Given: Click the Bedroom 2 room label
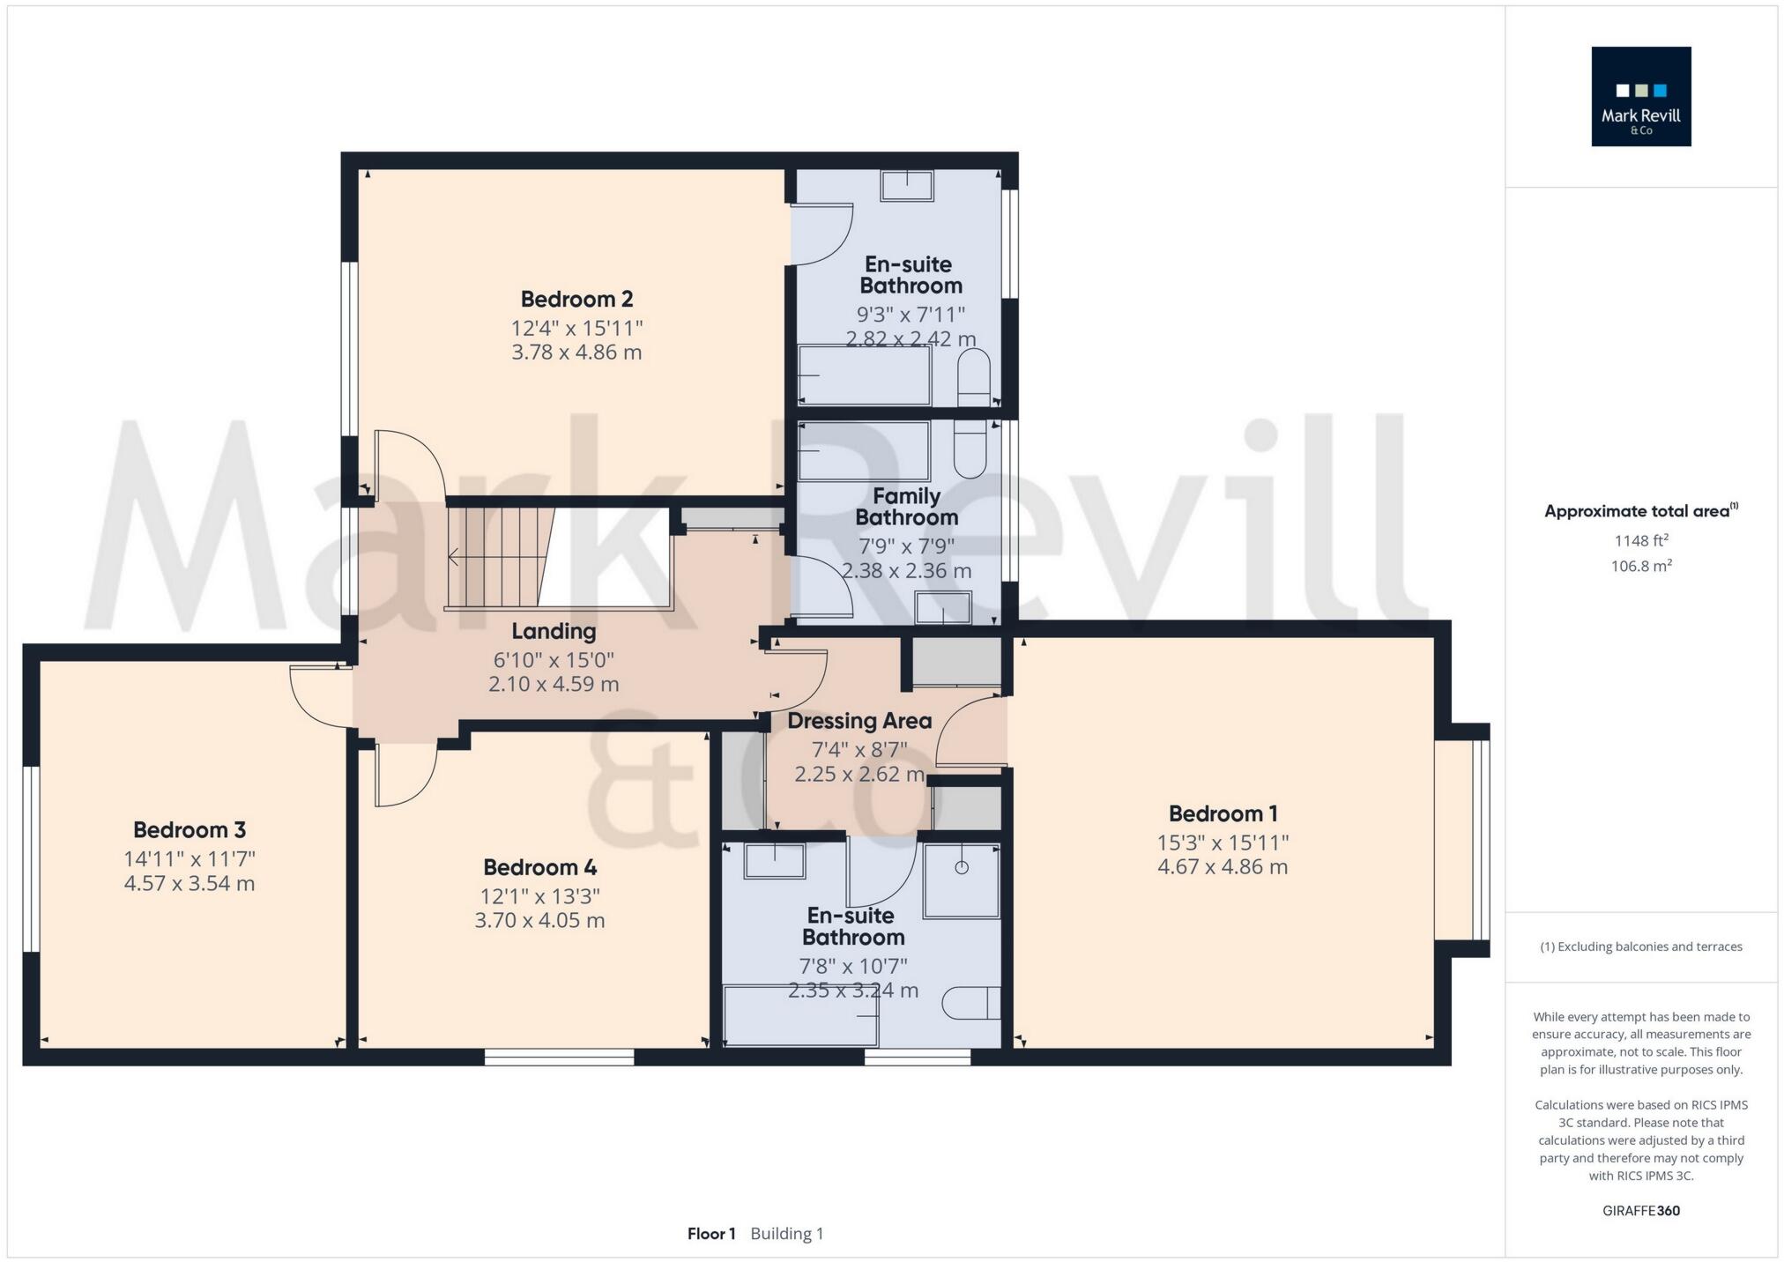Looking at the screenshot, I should pos(576,299).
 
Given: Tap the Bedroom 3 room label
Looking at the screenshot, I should pos(190,829).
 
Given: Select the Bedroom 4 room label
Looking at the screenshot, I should pos(539,867).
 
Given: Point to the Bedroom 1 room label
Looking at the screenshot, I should pos(1223,813).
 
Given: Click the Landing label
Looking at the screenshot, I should pos(554,631).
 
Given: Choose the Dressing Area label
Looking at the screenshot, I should pos(859,721).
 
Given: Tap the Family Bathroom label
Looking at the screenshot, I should pos(906,507).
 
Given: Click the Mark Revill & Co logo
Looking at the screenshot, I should pos(1640,97).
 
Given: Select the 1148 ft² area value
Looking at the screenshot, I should pos(1640,540).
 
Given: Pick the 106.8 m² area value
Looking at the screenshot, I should pos(1640,566).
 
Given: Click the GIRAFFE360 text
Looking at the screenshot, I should pos(1640,1211).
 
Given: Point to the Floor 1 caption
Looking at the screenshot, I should pos(711,1234).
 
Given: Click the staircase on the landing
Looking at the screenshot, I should pos(499,557).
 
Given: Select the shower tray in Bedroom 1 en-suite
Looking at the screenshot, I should pos(961,880).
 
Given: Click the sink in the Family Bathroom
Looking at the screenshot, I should pos(942,607).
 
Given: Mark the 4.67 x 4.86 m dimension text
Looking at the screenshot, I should pos(1223,867).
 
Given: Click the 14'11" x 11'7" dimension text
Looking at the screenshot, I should pos(190,858).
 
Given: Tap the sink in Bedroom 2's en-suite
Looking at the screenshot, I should pos(907,186).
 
